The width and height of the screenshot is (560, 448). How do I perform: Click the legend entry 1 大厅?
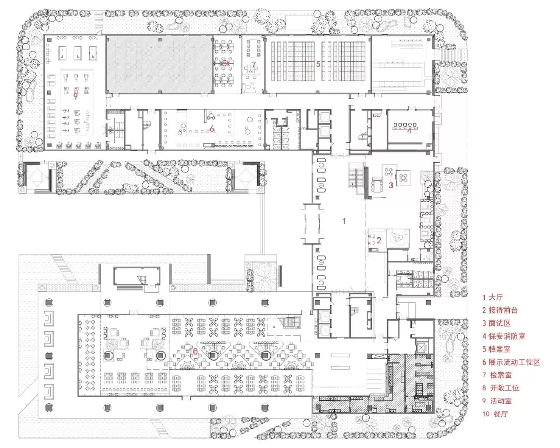coord(493,297)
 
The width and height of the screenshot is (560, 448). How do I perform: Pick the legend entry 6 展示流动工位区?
coord(511,362)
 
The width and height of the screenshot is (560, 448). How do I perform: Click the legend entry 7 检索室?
coord(497,375)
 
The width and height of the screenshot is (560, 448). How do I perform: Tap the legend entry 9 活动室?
coord(497,401)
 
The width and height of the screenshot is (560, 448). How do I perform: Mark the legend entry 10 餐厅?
coord(495,414)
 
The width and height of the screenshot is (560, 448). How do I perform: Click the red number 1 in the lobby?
coord(344,221)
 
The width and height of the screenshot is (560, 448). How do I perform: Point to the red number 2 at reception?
coord(379,240)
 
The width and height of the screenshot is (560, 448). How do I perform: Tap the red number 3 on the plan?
coord(391,185)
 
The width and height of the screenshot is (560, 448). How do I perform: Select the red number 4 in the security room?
coord(409,131)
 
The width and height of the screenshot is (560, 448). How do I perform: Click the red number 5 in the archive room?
coord(318,64)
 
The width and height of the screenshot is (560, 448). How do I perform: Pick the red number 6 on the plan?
coord(212,128)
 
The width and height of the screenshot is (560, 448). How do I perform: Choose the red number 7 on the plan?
coord(254,65)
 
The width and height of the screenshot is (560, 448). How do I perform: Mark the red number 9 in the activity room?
coord(75,96)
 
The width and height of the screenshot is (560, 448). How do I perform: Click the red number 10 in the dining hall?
coord(193,352)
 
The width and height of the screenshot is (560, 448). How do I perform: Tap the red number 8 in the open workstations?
coord(225,63)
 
